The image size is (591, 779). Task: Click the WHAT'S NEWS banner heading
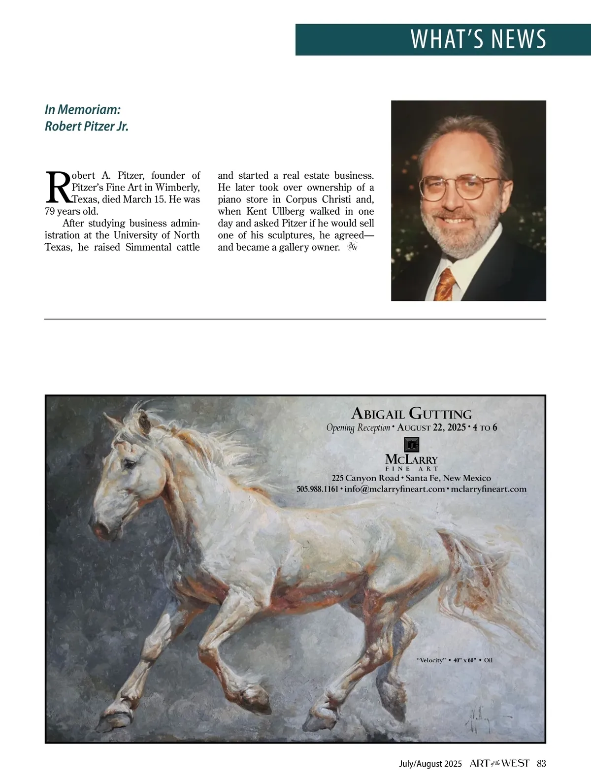(478, 39)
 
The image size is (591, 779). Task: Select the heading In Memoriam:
(83, 109)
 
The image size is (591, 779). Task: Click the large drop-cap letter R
(58, 188)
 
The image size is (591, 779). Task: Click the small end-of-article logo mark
(352, 247)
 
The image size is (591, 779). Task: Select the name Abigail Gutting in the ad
(412, 414)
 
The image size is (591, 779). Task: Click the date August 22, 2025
(431, 427)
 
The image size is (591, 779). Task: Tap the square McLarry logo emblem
(411, 445)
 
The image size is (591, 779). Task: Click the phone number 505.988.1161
(317, 489)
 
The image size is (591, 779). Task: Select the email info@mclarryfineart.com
(394, 489)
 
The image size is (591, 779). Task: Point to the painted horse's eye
(129, 464)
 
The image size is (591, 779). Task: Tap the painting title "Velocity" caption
(431, 660)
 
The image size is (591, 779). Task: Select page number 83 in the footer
(541, 763)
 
